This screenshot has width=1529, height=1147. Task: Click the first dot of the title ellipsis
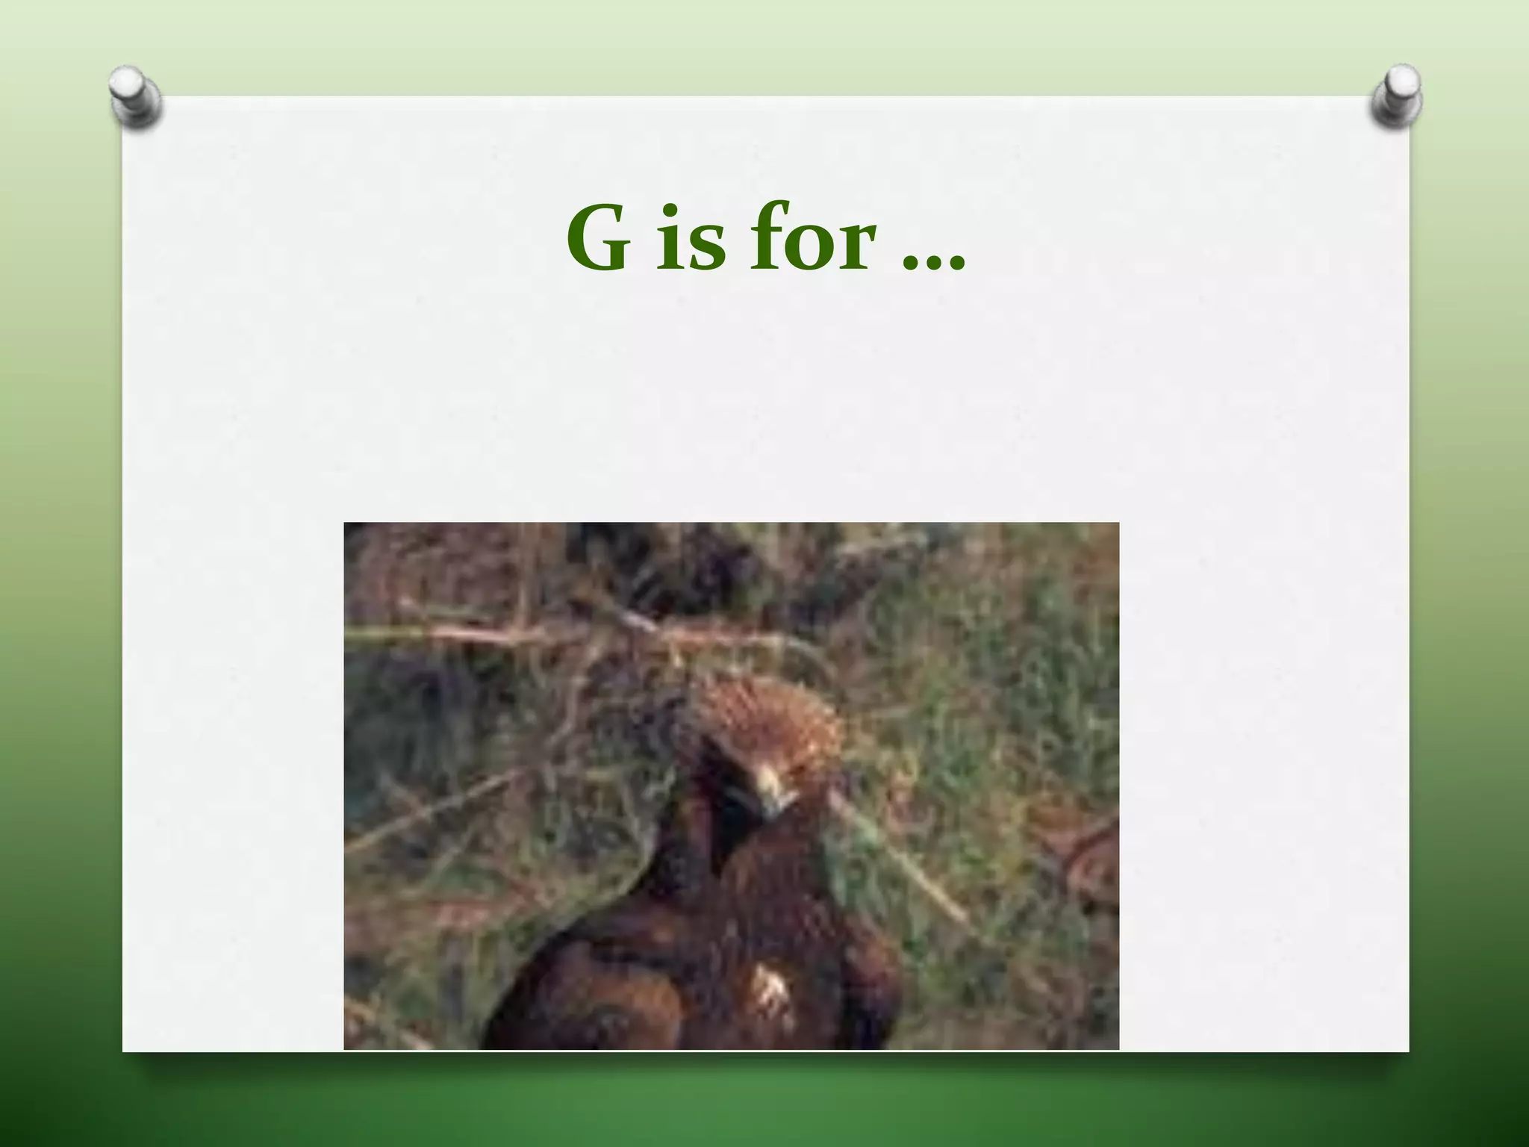[x=911, y=263]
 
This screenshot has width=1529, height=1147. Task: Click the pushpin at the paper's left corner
[x=134, y=97]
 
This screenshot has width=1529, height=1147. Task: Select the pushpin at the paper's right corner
[x=1396, y=96]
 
